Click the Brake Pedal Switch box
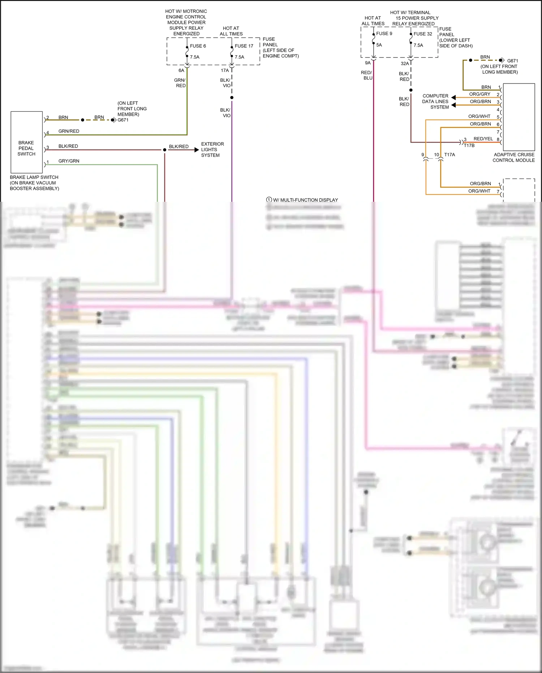(x=26, y=142)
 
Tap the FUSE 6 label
(x=198, y=46)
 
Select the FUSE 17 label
(x=244, y=46)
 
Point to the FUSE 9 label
(x=384, y=34)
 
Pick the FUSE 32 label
(x=423, y=34)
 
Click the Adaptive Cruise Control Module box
(x=519, y=117)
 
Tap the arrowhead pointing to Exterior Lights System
(x=197, y=150)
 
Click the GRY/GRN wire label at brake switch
(x=69, y=161)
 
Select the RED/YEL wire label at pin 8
(x=483, y=139)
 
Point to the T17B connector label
(x=469, y=145)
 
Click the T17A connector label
(x=449, y=155)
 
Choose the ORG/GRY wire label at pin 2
(x=479, y=94)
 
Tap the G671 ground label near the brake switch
(x=123, y=120)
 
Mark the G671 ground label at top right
(x=512, y=61)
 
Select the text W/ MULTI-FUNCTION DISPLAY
(x=305, y=200)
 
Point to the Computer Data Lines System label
(x=435, y=102)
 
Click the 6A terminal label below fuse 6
(x=181, y=71)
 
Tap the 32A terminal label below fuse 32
(x=405, y=64)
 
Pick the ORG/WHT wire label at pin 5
(x=479, y=116)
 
